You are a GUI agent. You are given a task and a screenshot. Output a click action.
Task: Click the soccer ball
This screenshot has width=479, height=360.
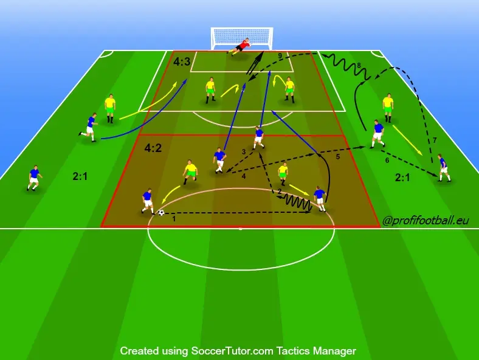pyautogui.click(x=161, y=213)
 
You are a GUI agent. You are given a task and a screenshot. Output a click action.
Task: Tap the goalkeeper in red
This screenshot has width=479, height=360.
pyautogui.click(x=239, y=47)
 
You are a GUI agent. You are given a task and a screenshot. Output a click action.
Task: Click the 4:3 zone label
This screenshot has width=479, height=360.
pyautogui.click(x=182, y=62)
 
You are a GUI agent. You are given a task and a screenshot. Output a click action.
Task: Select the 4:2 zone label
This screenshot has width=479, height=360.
pyautogui.click(x=153, y=148)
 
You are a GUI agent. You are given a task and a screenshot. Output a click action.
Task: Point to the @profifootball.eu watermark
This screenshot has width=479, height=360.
pyautogui.click(x=426, y=220)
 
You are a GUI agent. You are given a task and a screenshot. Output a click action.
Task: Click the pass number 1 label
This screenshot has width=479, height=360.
pyautogui.click(x=174, y=219)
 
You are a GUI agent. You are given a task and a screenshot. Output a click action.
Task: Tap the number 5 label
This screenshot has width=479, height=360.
pyautogui.click(x=337, y=156)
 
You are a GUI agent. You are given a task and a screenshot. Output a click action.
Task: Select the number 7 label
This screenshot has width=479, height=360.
pyautogui.click(x=435, y=140)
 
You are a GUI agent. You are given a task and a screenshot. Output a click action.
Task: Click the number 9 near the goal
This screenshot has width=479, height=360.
pyautogui.click(x=280, y=55)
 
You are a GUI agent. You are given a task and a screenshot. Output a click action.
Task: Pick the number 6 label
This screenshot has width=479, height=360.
pyautogui.click(x=387, y=161)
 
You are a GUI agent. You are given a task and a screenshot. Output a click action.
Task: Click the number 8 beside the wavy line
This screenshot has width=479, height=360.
pyautogui.click(x=359, y=66)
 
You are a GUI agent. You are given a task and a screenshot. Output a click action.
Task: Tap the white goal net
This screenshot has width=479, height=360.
pyautogui.click(x=242, y=38)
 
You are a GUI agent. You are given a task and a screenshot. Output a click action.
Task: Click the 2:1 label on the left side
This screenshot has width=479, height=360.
pyautogui.click(x=80, y=176)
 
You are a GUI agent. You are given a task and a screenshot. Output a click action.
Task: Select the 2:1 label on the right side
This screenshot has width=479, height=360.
pyautogui.click(x=402, y=178)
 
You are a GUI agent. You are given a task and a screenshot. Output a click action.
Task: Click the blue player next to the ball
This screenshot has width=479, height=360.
pyautogui.click(x=148, y=201)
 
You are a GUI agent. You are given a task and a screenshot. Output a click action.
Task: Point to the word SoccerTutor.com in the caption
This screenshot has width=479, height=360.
pyautogui.click(x=232, y=351)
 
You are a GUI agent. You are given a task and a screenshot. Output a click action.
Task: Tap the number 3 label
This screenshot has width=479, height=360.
pyautogui.click(x=244, y=151)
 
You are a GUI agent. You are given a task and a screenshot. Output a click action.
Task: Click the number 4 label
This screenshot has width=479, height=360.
pyautogui.click(x=244, y=176)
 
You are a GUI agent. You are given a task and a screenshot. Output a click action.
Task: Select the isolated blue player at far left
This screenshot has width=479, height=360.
pyautogui.click(x=34, y=178)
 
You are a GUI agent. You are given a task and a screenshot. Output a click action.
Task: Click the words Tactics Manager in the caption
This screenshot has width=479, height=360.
pyautogui.click(x=316, y=351)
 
